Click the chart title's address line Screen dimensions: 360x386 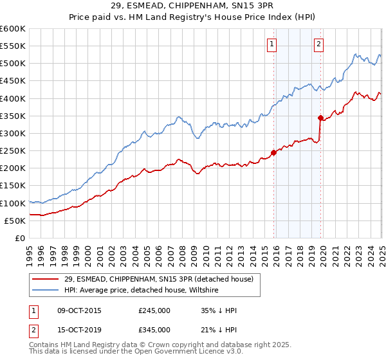click(192, 6)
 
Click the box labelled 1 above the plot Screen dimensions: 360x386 click(271, 44)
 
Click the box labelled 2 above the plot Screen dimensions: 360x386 click(318, 44)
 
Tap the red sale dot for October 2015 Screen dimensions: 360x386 click(273, 153)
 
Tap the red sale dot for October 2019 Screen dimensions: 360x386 click(321, 118)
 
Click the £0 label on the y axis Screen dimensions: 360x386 click(19, 239)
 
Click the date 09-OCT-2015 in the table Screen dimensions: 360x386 click(79, 310)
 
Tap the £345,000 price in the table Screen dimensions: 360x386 click(154, 330)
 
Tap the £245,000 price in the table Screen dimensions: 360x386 click(154, 310)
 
